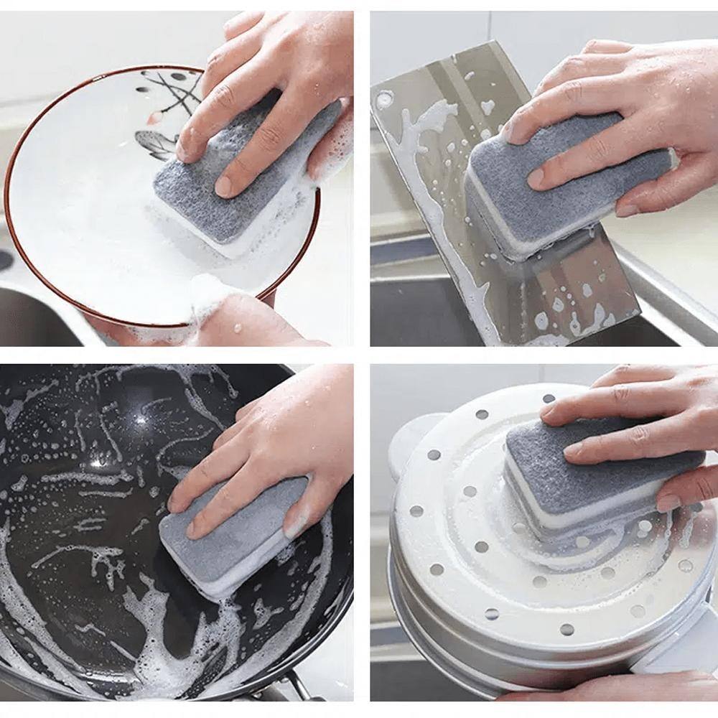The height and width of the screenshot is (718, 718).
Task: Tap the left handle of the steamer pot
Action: coord(409,438)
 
